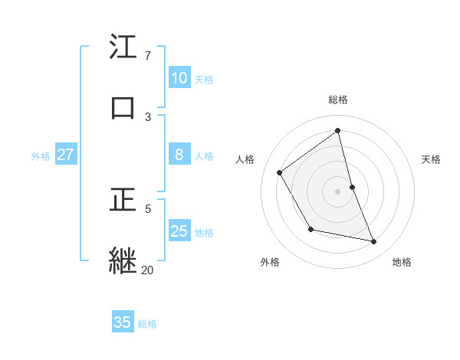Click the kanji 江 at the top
123,48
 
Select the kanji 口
123,108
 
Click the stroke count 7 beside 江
147,56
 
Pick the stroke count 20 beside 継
147,270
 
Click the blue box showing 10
179,78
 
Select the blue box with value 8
179,155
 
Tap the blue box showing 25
179,231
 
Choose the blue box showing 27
65,155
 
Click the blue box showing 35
123,322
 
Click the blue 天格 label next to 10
204,79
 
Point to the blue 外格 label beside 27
41,155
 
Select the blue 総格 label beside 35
147,323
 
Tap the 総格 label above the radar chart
338,100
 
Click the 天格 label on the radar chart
432,159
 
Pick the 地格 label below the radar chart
402,262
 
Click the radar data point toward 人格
280,172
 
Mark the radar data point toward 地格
374,242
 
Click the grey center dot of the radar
338,191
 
